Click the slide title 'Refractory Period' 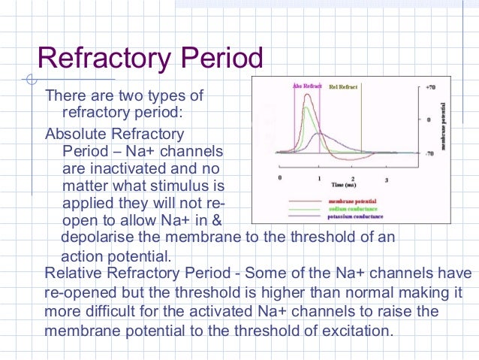coord(150,59)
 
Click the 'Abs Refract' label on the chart coord(306,87)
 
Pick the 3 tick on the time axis coord(386,180)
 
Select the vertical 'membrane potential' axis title coord(447,124)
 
